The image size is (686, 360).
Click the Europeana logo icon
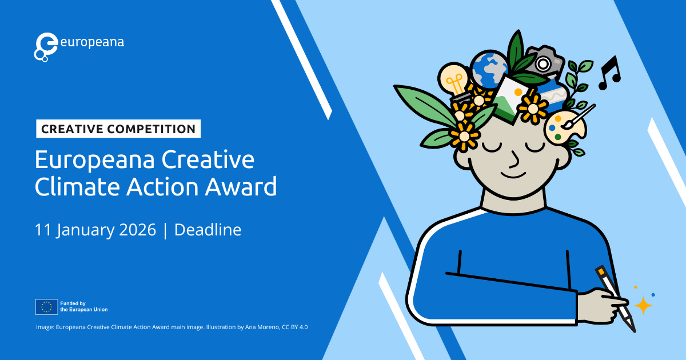coord(46,47)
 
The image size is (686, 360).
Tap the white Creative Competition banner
coord(118,129)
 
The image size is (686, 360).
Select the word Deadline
coord(208,230)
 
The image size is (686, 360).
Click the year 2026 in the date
coord(138,230)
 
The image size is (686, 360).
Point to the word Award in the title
coord(241,186)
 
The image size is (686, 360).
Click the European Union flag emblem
coord(46,307)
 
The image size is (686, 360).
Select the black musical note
coord(609,73)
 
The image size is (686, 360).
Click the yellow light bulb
coord(453,79)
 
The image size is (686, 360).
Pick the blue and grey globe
coord(489,69)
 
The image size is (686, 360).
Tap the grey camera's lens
coord(543,64)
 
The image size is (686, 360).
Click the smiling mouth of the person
coord(513,176)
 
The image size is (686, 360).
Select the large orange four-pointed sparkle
coord(643,306)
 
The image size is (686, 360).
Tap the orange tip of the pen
coord(601,271)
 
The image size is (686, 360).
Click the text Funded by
coord(73,303)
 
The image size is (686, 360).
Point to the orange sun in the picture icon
coord(518,92)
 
